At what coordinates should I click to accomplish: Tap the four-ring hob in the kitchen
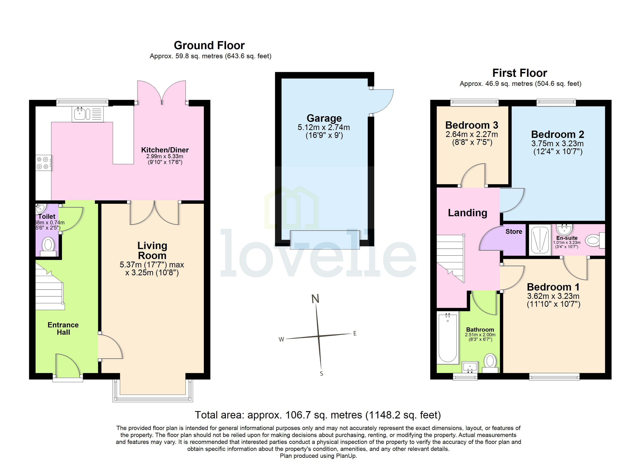click(x=43, y=163)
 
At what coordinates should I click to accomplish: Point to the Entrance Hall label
click(x=63, y=329)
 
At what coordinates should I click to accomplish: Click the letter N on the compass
click(x=315, y=299)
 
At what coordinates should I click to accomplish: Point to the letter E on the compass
click(x=355, y=333)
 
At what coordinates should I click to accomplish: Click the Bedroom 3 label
click(x=472, y=125)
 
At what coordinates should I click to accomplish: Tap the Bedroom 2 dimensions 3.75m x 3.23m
click(x=557, y=144)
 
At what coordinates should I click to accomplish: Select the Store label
click(x=514, y=232)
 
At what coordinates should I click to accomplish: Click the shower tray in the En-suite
click(x=540, y=239)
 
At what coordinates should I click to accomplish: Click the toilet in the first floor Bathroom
click(x=490, y=362)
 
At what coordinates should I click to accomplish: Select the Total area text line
click(x=318, y=415)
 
